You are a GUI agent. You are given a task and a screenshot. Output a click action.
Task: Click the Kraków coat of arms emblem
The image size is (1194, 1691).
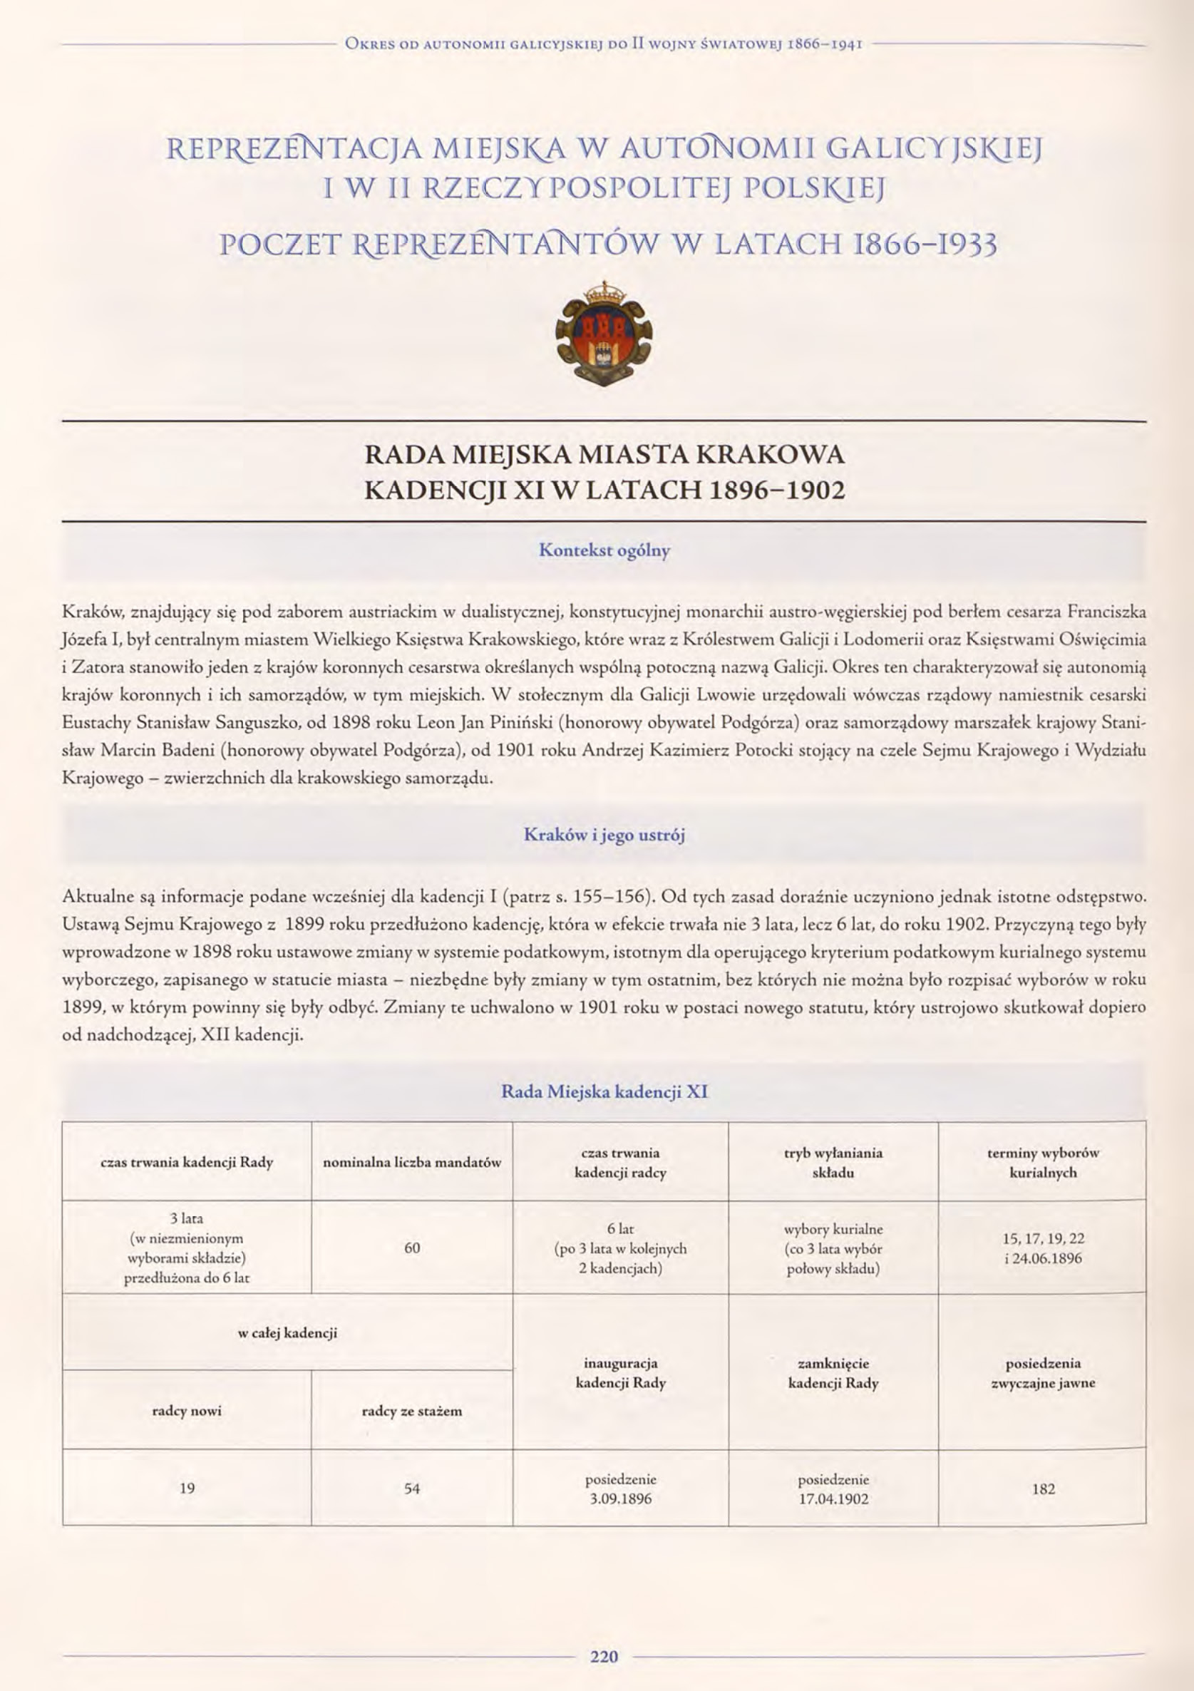[604, 332]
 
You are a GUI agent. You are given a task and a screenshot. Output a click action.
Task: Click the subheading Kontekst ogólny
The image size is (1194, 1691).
[604, 550]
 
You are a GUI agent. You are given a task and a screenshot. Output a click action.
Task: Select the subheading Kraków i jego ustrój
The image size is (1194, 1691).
[604, 836]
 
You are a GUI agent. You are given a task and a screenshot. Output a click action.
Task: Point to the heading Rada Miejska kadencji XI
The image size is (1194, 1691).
[604, 1091]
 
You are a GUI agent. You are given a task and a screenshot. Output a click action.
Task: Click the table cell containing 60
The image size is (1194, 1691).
[412, 1248]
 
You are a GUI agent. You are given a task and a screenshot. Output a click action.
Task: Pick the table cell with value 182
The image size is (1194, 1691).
[1043, 1489]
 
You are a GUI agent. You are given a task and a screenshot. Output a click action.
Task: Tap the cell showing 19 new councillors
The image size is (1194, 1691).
[186, 1489]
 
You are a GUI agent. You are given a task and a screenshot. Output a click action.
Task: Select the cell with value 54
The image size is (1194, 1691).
[412, 1489]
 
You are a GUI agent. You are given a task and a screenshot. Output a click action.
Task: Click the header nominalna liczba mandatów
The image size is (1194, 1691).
[412, 1162]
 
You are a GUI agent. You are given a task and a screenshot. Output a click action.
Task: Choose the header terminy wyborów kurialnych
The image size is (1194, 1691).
[1043, 1162]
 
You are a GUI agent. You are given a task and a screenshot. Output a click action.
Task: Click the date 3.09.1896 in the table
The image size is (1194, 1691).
[620, 1498]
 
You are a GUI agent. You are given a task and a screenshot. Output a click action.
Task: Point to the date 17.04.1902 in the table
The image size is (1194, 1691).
[833, 1498]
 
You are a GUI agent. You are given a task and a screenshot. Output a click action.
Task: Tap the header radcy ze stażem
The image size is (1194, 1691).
[412, 1411]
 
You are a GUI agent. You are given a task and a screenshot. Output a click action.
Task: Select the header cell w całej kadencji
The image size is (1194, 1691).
[287, 1332]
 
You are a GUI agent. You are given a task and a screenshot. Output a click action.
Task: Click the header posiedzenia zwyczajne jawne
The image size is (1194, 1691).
[1043, 1373]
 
